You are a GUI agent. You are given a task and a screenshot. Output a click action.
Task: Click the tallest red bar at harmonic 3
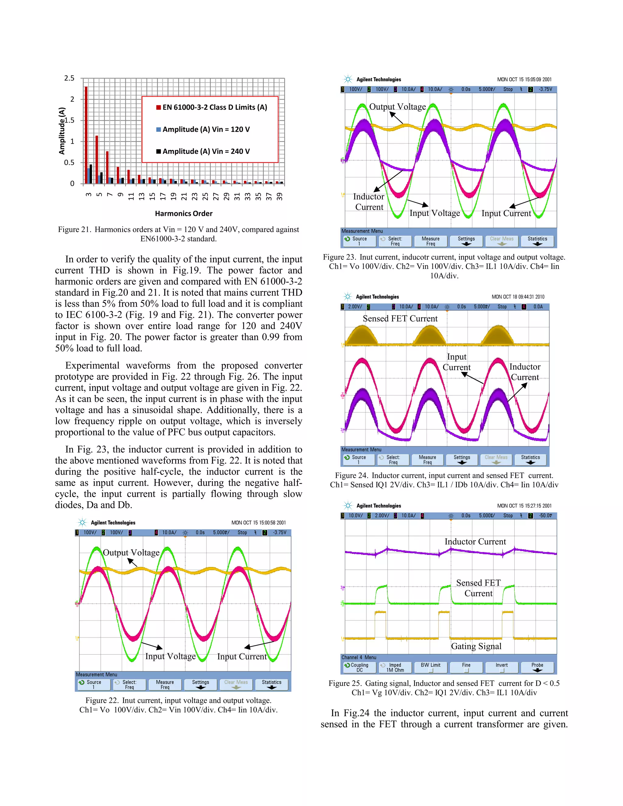tap(86, 135)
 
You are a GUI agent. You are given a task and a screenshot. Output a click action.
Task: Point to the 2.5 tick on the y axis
tap(69, 78)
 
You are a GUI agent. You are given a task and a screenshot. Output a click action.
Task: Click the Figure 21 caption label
tap(74, 230)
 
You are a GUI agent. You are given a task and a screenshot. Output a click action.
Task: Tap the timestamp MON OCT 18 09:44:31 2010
tap(517, 297)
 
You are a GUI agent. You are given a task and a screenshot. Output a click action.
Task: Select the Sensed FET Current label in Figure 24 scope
tap(400, 318)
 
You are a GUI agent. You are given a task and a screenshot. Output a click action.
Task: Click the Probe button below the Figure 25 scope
tap(537, 667)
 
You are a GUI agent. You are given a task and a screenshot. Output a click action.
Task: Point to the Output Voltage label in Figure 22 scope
tap(131, 552)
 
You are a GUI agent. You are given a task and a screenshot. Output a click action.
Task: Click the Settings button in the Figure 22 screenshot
tap(200, 685)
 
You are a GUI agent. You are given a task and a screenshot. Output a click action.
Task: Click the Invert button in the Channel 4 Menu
tap(502, 667)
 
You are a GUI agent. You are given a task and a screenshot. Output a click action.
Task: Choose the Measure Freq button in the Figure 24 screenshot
tap(427, 460)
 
